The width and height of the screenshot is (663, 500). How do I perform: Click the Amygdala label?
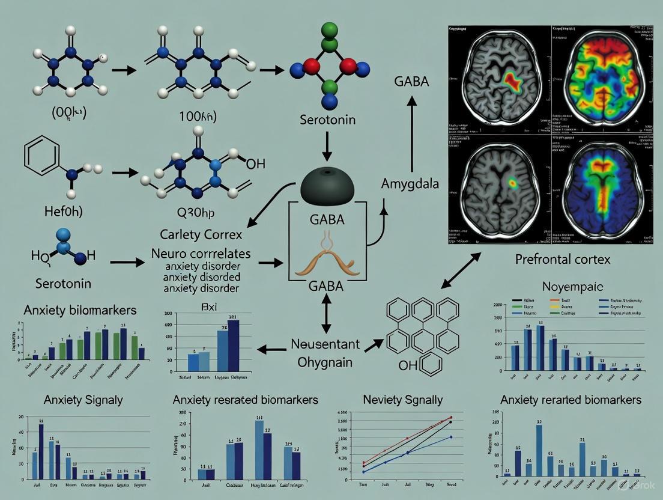click(x=411, y=184)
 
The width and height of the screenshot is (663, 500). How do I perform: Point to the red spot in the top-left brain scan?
click(x=510, y=82)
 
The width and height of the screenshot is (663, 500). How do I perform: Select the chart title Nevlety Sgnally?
click(x=403, y=400)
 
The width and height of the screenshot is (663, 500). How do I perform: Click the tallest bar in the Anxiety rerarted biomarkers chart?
click(x=539, y=450)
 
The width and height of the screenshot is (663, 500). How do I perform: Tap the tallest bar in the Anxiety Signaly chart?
click(x=41, y=451)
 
